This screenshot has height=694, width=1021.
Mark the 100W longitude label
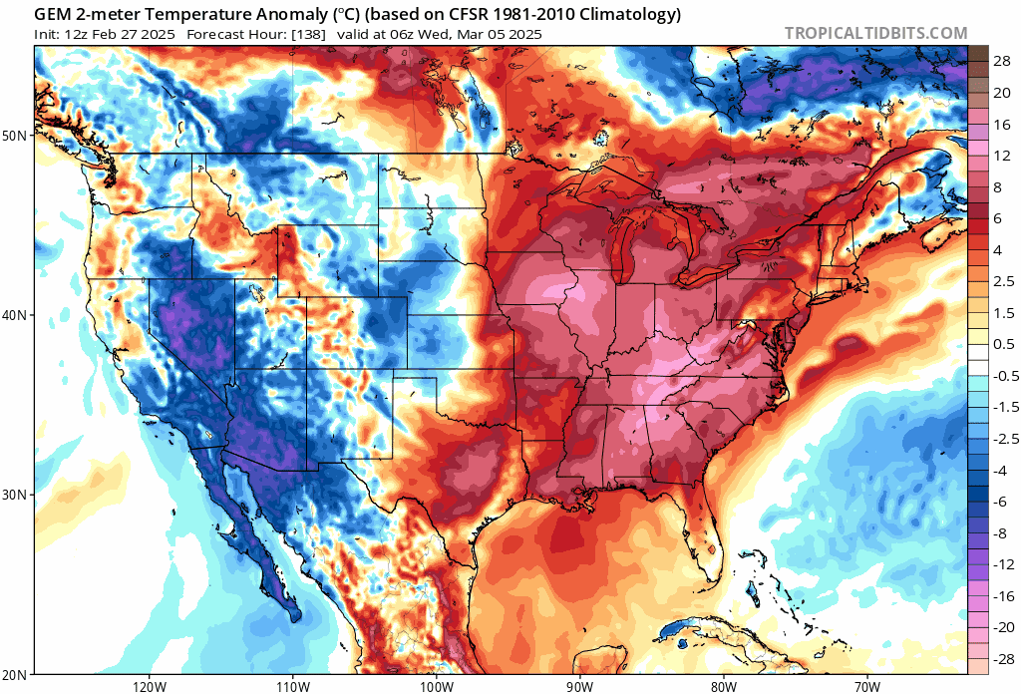(x=436, y=686)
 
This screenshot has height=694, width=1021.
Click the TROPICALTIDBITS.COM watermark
(x=875, y=33)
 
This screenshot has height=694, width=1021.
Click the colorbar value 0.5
(x=1002, y=344)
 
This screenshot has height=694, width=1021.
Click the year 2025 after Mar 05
(x=523, y=34)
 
